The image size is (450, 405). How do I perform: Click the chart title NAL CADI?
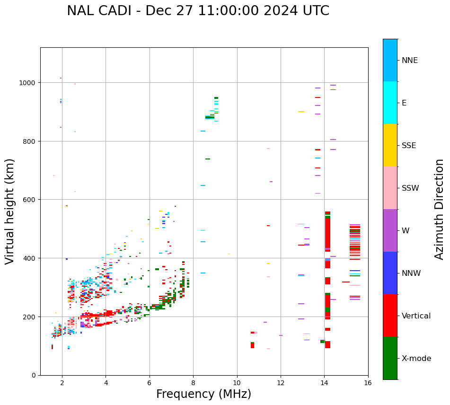tap(198, 11)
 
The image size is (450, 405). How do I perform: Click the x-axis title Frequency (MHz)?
tap(203, 394)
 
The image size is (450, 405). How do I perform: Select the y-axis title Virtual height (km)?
tap(10, 211)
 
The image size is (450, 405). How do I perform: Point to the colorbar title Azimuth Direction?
tap(440, 209)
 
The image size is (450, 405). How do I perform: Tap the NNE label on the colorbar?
tap(410, 61)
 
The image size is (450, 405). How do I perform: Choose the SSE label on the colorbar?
tap(409, 146)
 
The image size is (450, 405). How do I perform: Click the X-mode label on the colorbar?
tap(416, 359)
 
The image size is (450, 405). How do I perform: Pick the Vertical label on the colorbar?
tap(416, 316)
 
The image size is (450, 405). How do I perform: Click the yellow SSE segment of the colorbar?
tap(390, 145)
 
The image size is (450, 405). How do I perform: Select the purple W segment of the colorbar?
tap(390, 230)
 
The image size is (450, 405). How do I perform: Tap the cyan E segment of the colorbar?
tap(390, 103)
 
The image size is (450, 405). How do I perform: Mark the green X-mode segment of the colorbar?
tap(390, 358)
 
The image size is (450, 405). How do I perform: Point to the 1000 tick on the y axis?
tap(28, 83)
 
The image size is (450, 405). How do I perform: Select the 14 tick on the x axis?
tap(324, 383)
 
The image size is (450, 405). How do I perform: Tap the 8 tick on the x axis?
tap(193, 383)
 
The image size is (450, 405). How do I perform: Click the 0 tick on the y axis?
tap(34, 375)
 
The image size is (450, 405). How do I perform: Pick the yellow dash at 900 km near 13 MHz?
tap(301, 112)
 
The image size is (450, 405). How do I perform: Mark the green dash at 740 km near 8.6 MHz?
tap(208, 159)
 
